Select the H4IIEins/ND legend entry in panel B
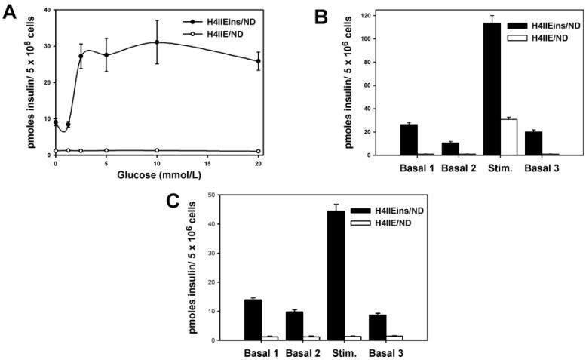[x=536, y=24]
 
